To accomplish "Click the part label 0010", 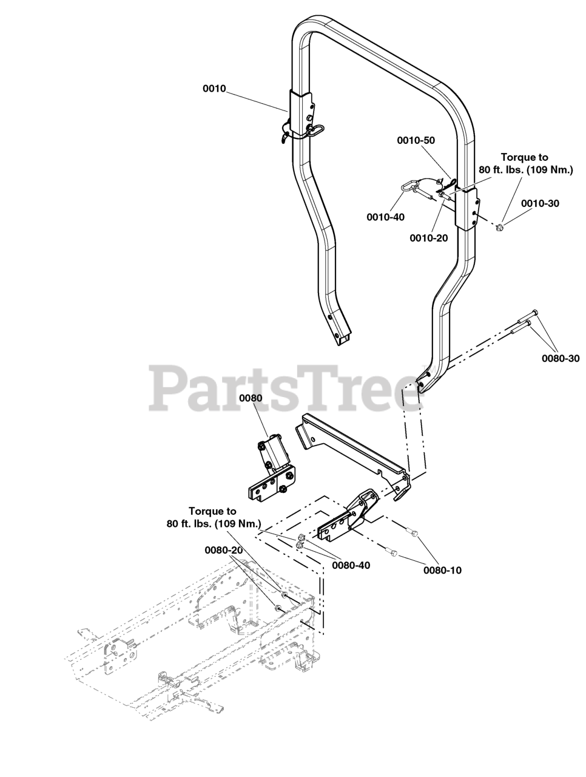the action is (214, 89).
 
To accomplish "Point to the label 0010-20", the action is (428, 238).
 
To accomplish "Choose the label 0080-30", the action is (561, 358).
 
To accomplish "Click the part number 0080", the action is (250, 398).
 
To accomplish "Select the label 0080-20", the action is (224, 550).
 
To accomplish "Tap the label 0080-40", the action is (351, 566).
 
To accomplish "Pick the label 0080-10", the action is (442, 570).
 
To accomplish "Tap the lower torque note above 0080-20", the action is (212, 517).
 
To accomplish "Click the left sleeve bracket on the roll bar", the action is (301, 113).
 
